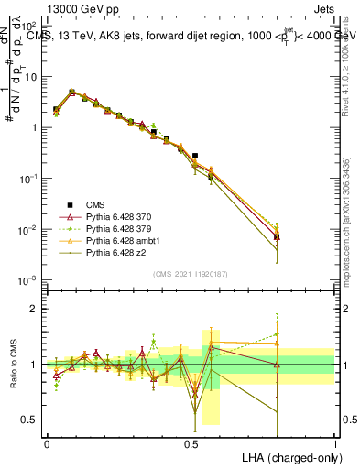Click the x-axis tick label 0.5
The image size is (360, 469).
point(191,443)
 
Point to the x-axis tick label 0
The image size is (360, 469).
point(47,443)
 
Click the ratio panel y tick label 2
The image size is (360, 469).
point(37,309)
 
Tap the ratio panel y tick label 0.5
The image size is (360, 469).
point(33,420)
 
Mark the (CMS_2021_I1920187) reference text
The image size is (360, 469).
point(191,273)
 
